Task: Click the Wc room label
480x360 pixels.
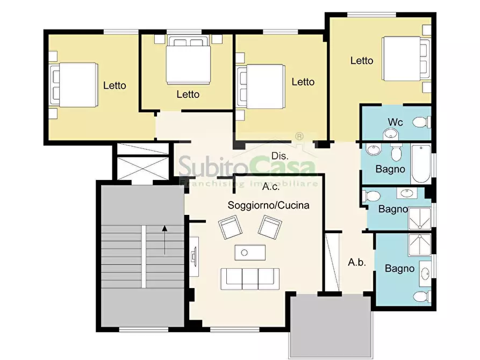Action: (395, 122)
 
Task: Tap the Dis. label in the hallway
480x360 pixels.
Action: (280, 156)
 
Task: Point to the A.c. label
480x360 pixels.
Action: (271, 186)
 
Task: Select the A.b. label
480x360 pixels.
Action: (357, 262)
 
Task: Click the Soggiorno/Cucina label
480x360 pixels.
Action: (268, 205)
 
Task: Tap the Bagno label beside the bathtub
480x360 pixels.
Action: (390, 169)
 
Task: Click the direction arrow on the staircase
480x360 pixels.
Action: (164, 240)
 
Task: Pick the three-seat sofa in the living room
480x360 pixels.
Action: (250, 279)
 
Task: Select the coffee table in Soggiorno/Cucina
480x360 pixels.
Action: (250, 253)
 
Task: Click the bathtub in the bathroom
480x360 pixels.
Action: (421, 164)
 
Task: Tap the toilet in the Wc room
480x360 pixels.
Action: (422, 123)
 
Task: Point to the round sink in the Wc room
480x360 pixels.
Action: (390, 134)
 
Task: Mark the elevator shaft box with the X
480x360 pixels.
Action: (143, 168)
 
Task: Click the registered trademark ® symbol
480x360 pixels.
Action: (299, 136)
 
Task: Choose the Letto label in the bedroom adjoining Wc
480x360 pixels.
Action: (362, 61)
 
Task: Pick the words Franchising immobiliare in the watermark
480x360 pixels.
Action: (248, 184)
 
